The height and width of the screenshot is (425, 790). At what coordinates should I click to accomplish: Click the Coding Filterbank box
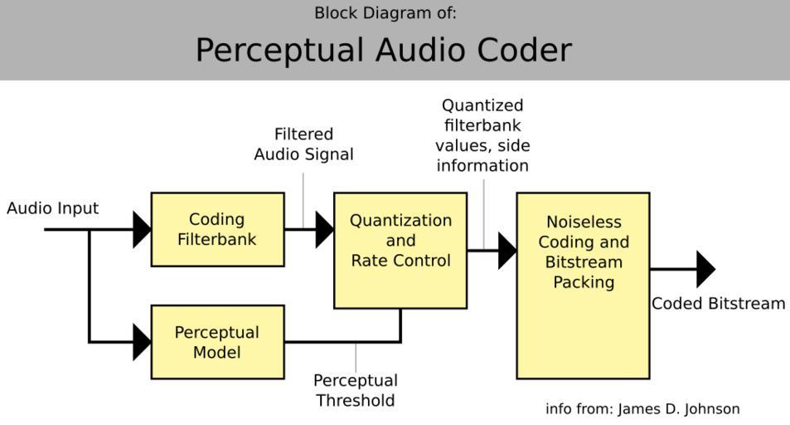coord(217,229)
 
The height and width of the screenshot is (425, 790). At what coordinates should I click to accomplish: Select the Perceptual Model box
coord(217,342)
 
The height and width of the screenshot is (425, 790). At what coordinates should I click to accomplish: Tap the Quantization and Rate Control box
coord(400,250)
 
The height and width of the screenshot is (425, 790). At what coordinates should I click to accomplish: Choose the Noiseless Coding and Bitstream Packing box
coord(583,286)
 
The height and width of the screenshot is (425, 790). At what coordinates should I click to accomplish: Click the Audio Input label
coord(52,208)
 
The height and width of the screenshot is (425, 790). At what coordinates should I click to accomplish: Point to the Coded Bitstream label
coord(718,304)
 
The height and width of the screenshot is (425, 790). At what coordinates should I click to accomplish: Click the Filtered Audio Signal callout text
coord(303,144)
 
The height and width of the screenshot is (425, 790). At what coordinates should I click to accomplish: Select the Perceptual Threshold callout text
coord(355,391)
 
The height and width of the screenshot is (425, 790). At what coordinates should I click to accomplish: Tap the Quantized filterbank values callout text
coord(482,135)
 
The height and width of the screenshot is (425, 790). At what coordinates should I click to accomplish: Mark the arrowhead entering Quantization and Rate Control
coord(325,229)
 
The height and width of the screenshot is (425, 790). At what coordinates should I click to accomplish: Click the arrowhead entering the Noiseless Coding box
coord(507,250)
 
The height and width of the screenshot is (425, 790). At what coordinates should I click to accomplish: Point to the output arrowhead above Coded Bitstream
coord(705,269)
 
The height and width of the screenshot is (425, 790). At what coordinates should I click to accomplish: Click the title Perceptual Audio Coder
coord(383,50)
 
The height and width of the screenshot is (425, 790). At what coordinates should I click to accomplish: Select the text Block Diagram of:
coord(385,13)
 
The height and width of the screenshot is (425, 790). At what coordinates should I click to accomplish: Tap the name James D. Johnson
coord(679,408)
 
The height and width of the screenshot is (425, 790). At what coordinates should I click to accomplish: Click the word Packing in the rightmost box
coord(584,282)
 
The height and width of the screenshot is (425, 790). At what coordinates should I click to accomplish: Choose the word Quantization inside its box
coord(400,221)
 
